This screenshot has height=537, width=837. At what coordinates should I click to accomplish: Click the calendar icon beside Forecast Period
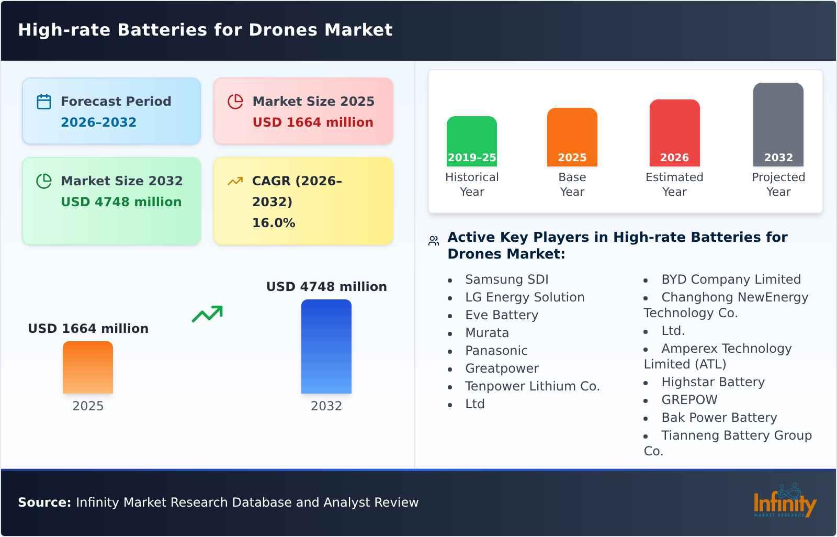[x=44, y=102]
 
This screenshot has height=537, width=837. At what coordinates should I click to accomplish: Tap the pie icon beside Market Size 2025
[x=235, y=102]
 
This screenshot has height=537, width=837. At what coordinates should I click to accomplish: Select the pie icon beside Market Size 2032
[x=44, y=181]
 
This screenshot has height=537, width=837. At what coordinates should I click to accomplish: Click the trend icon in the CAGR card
[x=235, y=181]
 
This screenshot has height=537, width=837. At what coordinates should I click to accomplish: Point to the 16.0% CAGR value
[x=274, y=223]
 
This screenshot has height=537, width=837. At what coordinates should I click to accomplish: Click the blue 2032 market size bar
[x=326, y=346]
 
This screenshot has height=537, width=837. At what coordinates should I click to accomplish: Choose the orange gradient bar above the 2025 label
[x=88, y=367]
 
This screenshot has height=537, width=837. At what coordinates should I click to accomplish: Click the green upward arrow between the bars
[x=207, y=314]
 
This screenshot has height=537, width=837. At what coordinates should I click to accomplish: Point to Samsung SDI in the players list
[x=506, y=279]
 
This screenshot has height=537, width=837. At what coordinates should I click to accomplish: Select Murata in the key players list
[x=487, y=333]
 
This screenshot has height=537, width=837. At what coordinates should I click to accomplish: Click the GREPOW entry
[x=689, y=400]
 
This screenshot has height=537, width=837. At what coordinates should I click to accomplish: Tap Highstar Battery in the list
[x=712, y=382]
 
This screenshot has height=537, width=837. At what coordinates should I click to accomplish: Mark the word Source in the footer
[x=44, y=502]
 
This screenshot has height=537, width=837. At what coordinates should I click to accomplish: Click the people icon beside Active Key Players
[x=434, y=241]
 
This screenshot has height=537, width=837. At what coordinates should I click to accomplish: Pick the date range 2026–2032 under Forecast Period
[x=98, y=122]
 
